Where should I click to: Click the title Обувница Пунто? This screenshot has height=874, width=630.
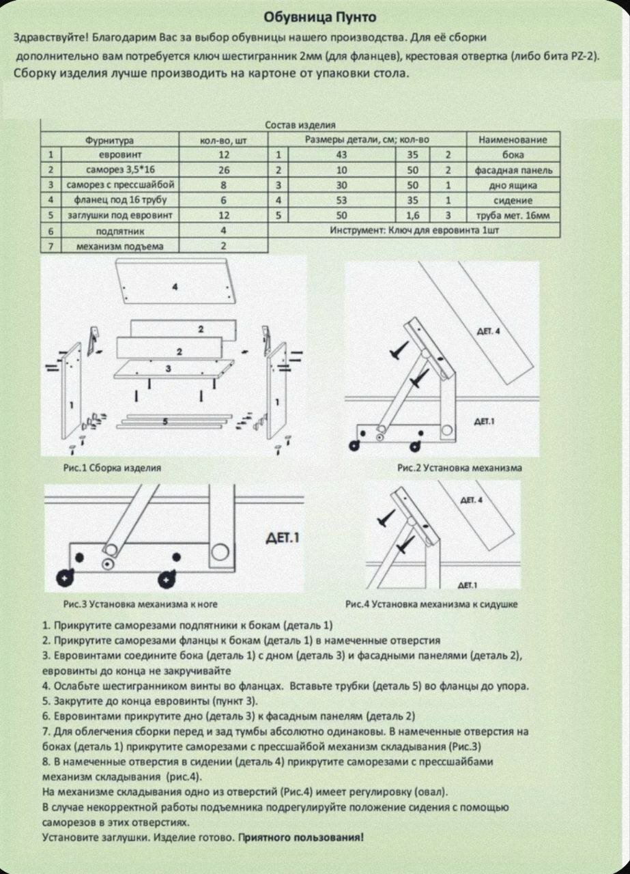coord(320,16)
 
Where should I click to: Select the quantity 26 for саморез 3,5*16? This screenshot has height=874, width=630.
coord(224,170)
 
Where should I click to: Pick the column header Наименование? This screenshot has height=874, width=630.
coord(513,140)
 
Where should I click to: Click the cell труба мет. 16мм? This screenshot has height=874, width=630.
coord(513,216)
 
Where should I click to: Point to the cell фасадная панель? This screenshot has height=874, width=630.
coord(513,170)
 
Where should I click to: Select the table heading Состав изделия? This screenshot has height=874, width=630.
coord(300,125)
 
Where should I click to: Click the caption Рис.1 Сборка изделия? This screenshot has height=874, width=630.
coord(112,468)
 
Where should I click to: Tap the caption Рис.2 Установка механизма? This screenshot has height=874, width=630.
coord(459,468)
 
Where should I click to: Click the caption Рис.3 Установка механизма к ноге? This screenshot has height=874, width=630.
coord(140,604)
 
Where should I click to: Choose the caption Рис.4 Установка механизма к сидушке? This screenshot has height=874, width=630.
coord(431,604)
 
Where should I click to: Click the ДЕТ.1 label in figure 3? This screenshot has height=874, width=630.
coord(282,538)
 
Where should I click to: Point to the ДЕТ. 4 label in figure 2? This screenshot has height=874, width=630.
coord(488,332)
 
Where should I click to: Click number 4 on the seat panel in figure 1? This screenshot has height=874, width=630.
coord(175,287)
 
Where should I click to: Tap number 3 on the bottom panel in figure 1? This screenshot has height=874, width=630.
coord(168,369)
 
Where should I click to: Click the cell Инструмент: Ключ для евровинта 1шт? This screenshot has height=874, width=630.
coord(414,231)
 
